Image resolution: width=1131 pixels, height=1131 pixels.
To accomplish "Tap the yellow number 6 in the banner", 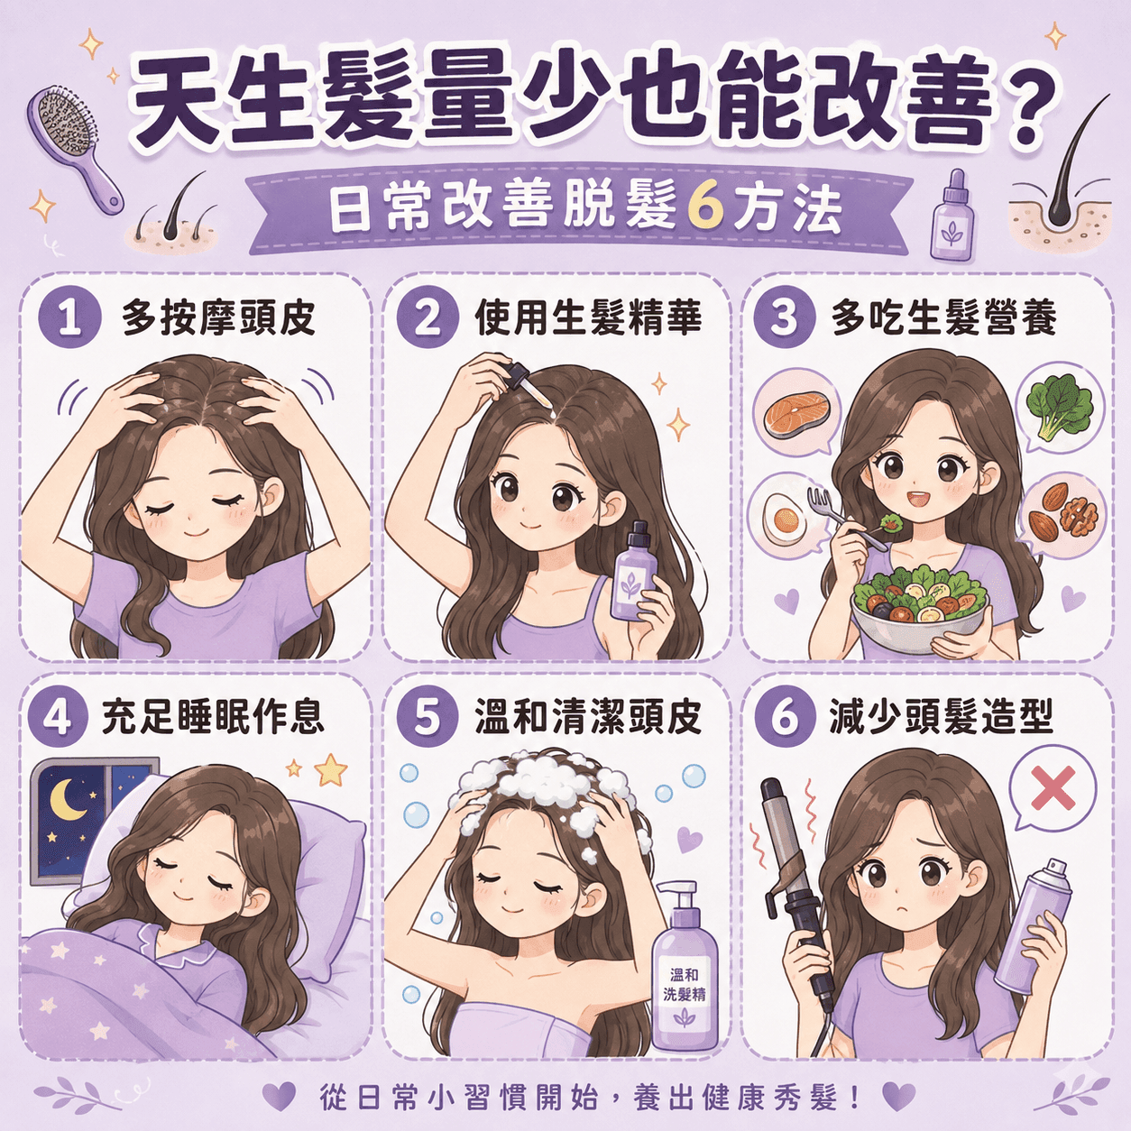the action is tap(703, 209).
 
